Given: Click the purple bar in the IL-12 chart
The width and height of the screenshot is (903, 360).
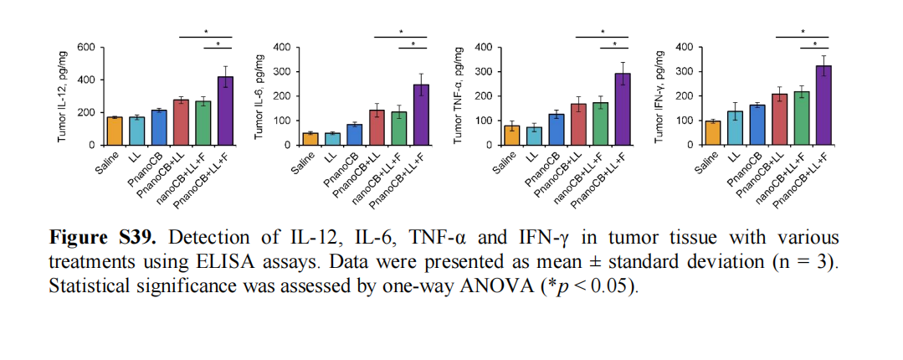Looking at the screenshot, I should [x=224, y=111].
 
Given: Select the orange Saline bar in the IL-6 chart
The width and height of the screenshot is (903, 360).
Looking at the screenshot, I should [x=310, y=139].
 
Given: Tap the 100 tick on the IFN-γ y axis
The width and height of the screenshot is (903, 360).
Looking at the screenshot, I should [x=684, y=121].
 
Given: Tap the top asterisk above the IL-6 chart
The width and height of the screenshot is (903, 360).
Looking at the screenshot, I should [x=400, y=33].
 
